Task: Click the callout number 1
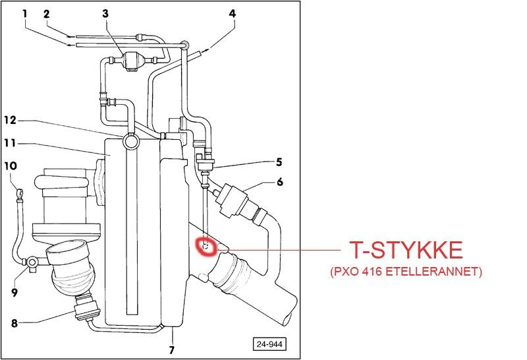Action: [x=25, y=13]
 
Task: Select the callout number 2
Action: [x=47, y=13]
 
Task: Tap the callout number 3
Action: [x=106, y=13]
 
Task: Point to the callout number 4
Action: [x=232, y=13]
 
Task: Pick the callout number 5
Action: [x=279, y=162]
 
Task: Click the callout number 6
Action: [x=279, y=182]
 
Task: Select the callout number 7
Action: [x=171, y=350]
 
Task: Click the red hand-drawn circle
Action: [x=208, y=247]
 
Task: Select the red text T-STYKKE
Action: [x=406, y=251]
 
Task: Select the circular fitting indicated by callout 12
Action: [x=130, y=140]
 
